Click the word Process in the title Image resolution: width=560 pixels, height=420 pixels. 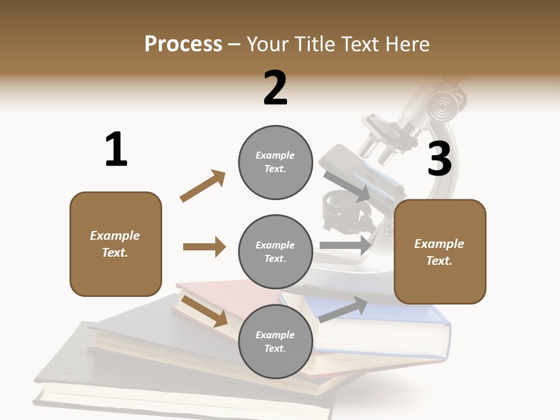(x=183, y=44)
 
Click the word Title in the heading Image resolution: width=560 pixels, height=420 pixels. (x=314, y=44)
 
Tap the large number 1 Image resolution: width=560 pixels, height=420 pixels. (x=116, y=149)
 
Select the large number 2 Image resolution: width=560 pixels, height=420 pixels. (x=275, y=87)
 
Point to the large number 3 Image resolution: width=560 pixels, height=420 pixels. (x=439, y=159)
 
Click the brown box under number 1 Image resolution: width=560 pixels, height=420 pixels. (x=116, y=244)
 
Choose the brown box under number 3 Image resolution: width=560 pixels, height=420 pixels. (x=440, y=251)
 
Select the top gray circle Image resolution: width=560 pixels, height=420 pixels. (x=275, y=162)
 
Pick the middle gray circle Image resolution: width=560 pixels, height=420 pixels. (x=275, y=251)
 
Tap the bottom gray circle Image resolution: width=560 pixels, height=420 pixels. (x=275, y=341)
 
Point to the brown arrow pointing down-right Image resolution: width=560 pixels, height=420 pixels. (x=205, y=311)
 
